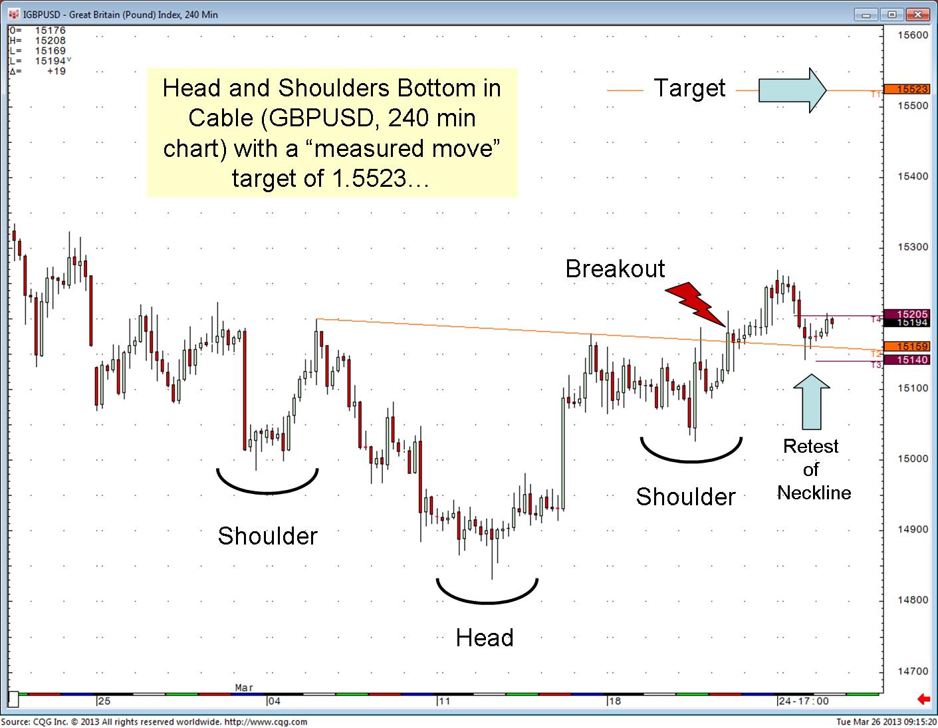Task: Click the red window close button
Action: pyautogui.click(x=917, y=15)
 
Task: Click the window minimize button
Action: pyautogui.click(x=866, y=15)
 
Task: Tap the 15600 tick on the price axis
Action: pyautogui.click(x=913, y=35)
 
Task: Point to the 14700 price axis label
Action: pyautogui.click(x=913, y=671)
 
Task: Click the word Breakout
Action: pyautogui.click(x=615, y=269)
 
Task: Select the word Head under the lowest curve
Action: pyautogui.click(x=485, y=638)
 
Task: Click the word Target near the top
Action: pyautogui.click(x=689, y=88)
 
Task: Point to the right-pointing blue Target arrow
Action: pyautogui.click(x=792, y=90)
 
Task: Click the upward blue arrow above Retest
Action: pyautogui.click(x=812, y=402)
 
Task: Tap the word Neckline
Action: pyautogui.click(x=814, y=493)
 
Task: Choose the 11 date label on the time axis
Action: pyautogui.click(x=444, y=701)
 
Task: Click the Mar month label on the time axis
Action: pyautogui.click(x=244, y=687)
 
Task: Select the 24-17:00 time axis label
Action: pyautogui.click(x=804, y=701)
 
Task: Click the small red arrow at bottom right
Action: pyautogui.click(x=923, y=699)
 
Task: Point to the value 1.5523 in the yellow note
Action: pyautogui.click(x=369, y=178)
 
